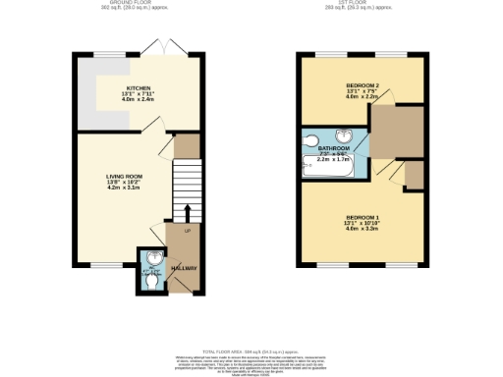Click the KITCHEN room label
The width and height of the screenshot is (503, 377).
click(x=139, y=87)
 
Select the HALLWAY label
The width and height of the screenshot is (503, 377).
click(x=185, y=268)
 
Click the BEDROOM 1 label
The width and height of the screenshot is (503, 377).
click(x=363, y=216)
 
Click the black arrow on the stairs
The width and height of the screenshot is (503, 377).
click(x=186, y=211)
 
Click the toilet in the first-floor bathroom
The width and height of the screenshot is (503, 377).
click(x=311, y=139)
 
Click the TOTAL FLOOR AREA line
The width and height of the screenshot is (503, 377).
click(x=251, y=350)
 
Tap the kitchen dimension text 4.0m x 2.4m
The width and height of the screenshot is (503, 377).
click(x=139, y=100)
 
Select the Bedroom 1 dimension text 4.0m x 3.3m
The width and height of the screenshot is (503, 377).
click(x=363, y=229)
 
